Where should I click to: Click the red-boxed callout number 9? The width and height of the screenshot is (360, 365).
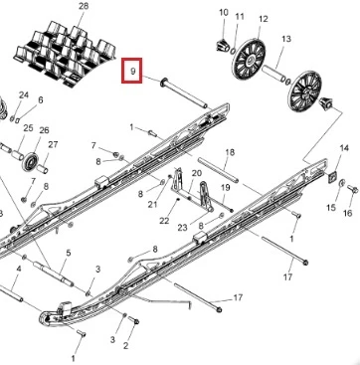(x=133, y=71)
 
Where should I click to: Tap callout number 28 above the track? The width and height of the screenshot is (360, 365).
(x=84, y=6)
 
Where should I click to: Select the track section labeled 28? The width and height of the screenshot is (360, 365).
(x=65, y=54)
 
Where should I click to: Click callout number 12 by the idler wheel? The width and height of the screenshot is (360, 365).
(x=263, y=19)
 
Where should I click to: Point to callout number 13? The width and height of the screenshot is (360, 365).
(x=286, y=39)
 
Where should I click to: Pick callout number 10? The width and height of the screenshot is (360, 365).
(x=224, y=13)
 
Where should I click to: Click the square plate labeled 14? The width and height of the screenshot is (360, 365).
(x=332, y=177)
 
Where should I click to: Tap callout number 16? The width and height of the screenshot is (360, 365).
(x=347, y=212)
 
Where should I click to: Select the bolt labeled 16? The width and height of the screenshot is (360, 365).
(x=352, y=190)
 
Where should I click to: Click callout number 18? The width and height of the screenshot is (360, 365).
(x=230, y=152)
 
